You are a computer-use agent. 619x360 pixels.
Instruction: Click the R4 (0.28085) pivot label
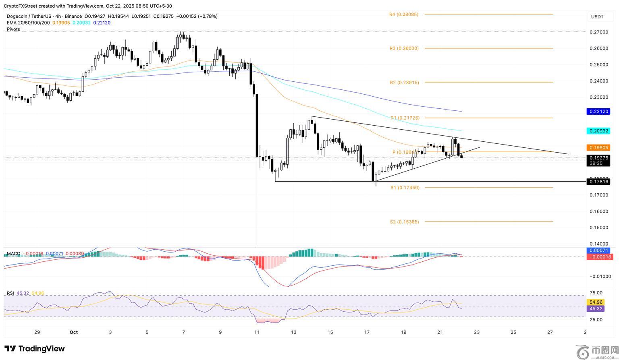403,14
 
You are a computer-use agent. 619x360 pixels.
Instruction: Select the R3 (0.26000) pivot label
404,48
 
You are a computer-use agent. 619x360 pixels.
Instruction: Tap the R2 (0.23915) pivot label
404,83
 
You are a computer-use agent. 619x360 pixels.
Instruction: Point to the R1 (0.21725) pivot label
405,118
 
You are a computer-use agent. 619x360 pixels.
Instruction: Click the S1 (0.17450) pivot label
405,188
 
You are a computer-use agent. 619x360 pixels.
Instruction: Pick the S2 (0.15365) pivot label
404,222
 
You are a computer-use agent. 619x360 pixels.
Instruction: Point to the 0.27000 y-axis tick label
598,32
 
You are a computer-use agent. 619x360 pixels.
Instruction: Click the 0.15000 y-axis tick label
598,228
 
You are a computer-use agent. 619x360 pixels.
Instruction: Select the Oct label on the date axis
73,332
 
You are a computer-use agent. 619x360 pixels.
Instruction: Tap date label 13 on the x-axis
293,332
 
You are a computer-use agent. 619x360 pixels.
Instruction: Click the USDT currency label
597,17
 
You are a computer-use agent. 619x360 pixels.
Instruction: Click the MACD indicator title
13,254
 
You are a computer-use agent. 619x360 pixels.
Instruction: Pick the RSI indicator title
10,293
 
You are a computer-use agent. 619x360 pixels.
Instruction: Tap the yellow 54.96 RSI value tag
596,302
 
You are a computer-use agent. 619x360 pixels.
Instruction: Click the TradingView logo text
35,349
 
